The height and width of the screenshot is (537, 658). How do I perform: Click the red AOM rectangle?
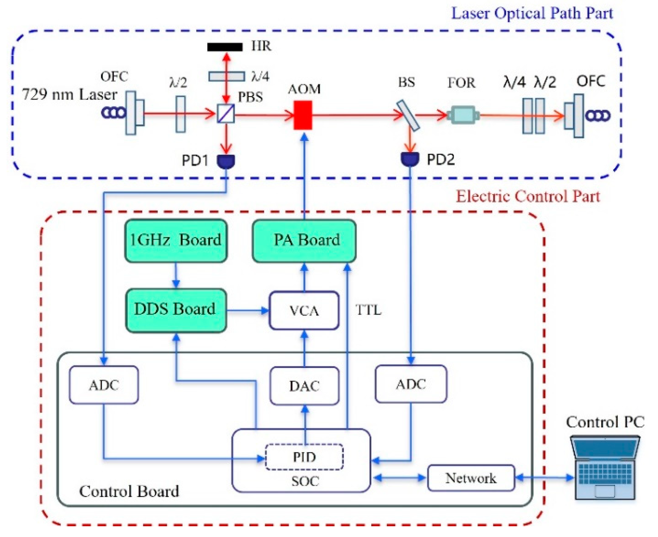click(x=303, y=115)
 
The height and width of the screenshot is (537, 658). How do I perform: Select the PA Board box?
click(x=304, y=241)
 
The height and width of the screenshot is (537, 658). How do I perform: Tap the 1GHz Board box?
click(x=176, y=241)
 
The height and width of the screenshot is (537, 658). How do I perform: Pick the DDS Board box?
click(x=176, y=310)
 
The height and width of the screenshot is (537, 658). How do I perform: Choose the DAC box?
click(x=304, y=386)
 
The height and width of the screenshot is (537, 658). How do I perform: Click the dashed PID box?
click(x=304, y=457)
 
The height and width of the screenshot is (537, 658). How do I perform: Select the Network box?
click(x=471, y=478)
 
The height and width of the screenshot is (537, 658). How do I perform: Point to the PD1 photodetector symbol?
click(x=226, y=161)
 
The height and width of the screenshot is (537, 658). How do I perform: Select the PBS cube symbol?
click(x=226, y=114)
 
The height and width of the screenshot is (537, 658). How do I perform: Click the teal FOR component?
click(x=463, y=115)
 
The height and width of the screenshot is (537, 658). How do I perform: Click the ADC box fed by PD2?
click(x=411, y=384)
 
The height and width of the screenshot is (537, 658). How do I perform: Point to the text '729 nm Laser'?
click(x=69, y=94)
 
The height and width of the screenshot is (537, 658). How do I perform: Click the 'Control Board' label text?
click(x=129, y=491)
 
